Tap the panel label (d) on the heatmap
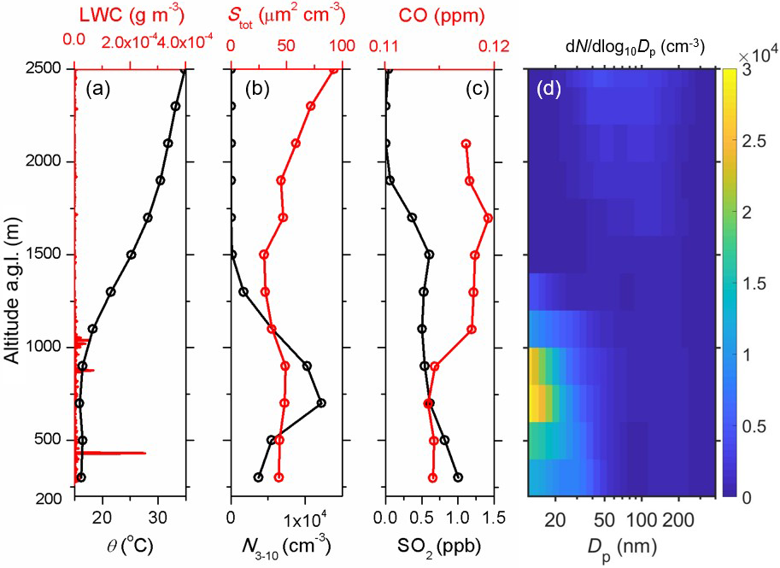(x=548, y=88)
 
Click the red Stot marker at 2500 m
(x=334, y=70)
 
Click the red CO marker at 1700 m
(x=488, y=218)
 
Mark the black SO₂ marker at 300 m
(x=458, y=477)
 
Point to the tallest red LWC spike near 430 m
(x=144, y=453)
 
